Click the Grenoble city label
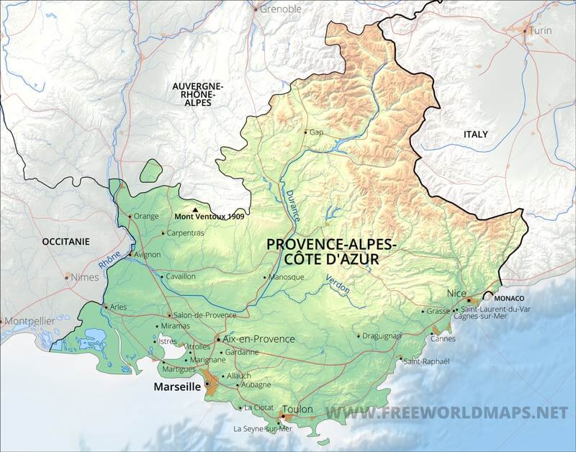[x=281, y=9]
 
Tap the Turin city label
[x=540, y=31]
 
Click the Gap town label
[x=316, y=132]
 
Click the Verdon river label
[x=338, y=284]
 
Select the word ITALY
[x=475, y=135]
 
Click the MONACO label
[x=508, y=298]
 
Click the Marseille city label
[x=176, y=387]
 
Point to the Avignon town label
[x=148, y=254]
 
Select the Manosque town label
[x=287, y=277]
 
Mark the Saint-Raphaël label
[x=426, y=361]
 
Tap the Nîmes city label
[x=84, y=277]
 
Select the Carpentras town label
[x=186, y=233]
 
